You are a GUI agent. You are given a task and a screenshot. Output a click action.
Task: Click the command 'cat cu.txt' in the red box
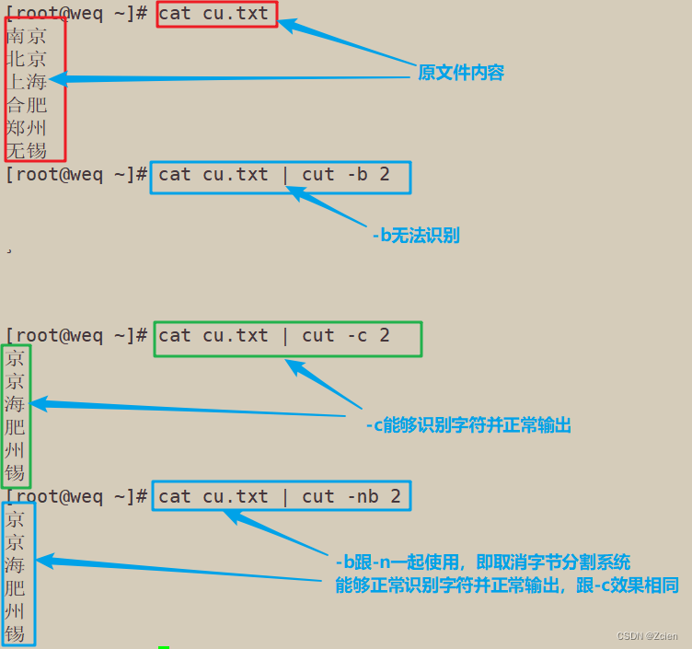(216, 14)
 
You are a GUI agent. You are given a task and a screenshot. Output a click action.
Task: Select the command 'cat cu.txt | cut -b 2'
(280, 175)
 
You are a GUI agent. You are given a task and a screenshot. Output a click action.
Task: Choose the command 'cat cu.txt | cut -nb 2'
(280, 497)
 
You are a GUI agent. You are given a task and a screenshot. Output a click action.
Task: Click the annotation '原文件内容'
(461, 73)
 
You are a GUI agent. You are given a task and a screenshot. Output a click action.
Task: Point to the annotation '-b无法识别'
(415, 236)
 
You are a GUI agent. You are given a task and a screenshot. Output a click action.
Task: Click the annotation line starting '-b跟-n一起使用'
(482, 562)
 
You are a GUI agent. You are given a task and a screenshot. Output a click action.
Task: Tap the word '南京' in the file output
(26, 37)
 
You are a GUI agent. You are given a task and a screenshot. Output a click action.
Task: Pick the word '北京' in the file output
(26, 60)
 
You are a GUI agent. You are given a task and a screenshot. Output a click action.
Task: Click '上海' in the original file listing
(26, 83)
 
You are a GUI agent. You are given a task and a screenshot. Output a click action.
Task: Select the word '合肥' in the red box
(26, 106)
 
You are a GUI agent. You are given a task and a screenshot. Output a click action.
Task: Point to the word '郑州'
(26, 128)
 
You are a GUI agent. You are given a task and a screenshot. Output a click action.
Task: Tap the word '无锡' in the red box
(26, 150)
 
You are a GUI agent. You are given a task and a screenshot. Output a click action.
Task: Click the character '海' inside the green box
(15, 404)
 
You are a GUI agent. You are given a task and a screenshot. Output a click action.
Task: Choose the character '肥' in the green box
(15, 427)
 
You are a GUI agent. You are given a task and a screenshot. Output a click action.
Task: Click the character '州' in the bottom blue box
(15, 610)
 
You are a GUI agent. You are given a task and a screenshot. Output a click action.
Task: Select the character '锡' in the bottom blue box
(15, 633)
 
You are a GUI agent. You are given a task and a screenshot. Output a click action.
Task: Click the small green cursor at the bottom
(164, 646)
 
